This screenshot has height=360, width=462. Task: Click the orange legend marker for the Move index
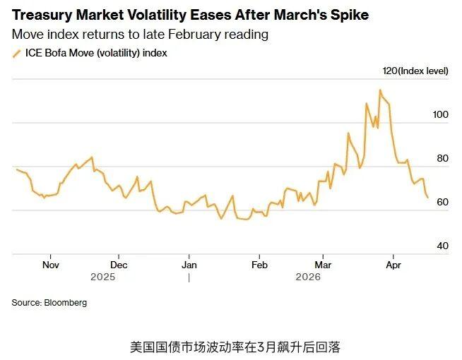[17, 53]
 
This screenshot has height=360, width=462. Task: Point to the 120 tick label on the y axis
[389, 71]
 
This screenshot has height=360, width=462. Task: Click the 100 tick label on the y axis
[441, 114]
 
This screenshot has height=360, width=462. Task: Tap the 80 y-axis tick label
[443, 158]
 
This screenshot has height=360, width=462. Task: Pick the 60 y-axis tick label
[443, 202]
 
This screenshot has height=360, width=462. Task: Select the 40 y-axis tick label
[443, 246]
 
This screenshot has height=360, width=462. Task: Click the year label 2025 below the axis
[102, 277]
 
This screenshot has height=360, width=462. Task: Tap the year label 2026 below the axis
[308, 277]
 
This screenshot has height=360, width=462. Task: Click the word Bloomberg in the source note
[66, 302]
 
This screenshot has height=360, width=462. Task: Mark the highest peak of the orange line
[380, 90]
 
